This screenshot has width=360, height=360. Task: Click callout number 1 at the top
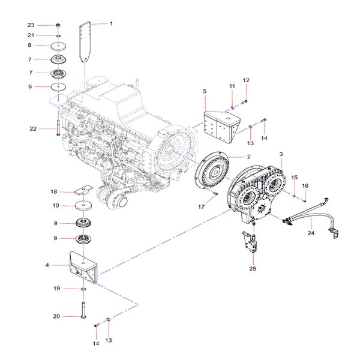click(110, 23)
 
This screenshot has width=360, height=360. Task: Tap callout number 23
click(31, 25)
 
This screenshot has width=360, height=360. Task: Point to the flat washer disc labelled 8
click(58, 46)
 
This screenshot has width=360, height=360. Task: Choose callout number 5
click(205, 91)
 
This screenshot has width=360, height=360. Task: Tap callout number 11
click(232, 87)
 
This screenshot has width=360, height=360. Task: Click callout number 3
click(281, 155)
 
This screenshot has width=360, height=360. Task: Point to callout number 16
click(305, 187)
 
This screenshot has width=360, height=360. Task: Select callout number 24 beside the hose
click(311, 233)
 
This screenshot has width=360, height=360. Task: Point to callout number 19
click(56, 289)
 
